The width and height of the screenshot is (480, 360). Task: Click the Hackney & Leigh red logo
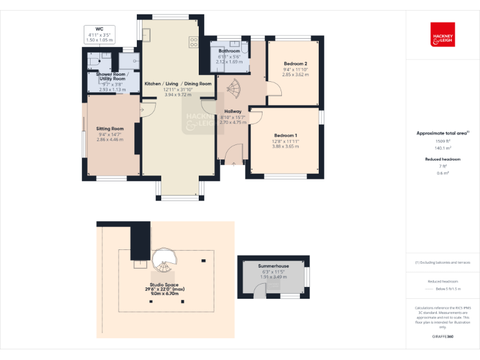[442, 34]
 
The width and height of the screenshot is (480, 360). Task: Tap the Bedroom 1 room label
[286, 136]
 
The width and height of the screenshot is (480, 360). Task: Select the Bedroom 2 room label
[295, 64]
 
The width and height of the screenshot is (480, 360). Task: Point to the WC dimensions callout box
[99, 34]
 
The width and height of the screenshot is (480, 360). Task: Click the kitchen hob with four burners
[194, 42]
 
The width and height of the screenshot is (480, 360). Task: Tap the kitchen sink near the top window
[146, 34]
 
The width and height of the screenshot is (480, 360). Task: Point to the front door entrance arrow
[234, 164]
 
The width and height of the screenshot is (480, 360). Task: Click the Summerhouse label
[272, 266]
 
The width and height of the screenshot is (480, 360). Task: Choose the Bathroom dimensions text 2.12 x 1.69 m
[229, 62]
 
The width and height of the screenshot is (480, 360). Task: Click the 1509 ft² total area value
[442, 141]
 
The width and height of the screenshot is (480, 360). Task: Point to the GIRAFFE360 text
[442, 337]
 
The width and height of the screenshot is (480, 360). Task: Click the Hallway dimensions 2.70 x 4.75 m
[233, 122]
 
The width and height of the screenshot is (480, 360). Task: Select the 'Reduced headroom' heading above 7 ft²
[442, 159]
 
